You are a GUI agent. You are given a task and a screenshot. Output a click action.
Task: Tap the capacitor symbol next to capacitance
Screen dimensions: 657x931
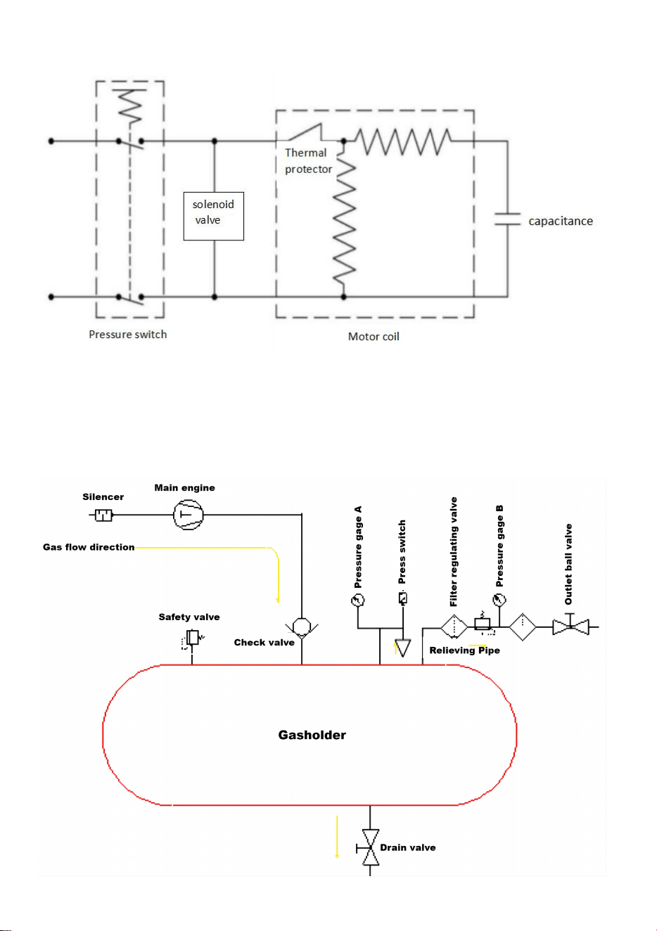(x=507, y=219)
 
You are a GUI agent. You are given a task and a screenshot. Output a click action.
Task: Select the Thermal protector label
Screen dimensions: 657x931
(x=308, y=161)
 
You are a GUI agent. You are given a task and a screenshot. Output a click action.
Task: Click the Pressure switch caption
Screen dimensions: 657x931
(x=127, y=335)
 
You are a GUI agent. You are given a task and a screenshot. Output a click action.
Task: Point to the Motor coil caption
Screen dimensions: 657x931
(x=374, y=337)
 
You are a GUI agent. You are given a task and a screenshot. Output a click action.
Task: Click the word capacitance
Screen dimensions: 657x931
(x=561, y=221)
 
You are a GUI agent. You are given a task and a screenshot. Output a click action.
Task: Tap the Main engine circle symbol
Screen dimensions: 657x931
(x=189, y=515)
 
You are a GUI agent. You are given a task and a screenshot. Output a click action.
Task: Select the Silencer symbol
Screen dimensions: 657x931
(x=103, y=515)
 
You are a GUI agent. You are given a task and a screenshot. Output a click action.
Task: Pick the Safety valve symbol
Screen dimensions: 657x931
(x=193, y=638)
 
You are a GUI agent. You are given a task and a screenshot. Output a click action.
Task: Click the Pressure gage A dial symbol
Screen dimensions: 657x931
(x=357, y=600)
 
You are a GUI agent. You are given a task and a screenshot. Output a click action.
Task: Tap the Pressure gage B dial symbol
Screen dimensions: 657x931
(x=499, y=600)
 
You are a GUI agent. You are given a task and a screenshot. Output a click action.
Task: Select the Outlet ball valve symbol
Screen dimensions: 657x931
(x=570, y=627)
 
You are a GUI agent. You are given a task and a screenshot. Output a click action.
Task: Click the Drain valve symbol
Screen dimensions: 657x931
(x=369, y=847)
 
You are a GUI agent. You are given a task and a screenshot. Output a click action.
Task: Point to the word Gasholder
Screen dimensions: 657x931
(x=312, y=735)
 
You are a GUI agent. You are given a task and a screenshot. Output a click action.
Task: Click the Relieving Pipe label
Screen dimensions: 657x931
(x=464, y=650)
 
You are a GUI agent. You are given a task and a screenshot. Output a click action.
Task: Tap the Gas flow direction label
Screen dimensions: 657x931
(x=89, y=547)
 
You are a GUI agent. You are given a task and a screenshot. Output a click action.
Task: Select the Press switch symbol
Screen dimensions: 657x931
(x=402, y=598)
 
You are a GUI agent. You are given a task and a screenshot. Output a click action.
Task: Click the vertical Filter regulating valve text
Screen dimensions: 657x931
(x=453, y=551)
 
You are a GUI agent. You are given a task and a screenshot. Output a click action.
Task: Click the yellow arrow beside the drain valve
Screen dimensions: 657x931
(x=337, y=837)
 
